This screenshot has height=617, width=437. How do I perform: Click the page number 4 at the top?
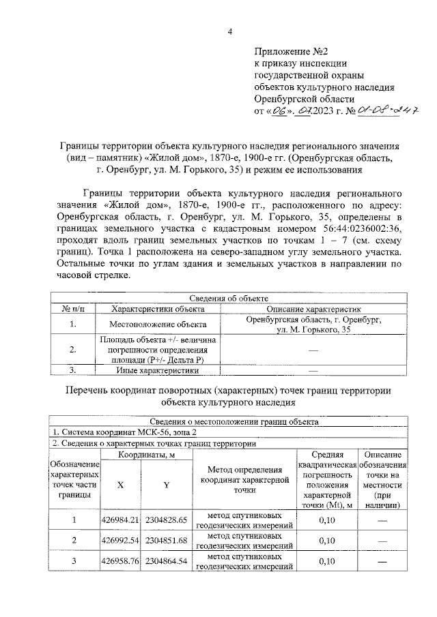[x=229, y=31]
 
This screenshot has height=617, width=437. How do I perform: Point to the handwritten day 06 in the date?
[x=279, y=110]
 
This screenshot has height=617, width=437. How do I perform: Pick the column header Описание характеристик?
[x=313, y=309]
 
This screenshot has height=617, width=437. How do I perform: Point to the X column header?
[x=120, y=485]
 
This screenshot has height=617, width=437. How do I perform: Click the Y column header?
[x=165, y=485]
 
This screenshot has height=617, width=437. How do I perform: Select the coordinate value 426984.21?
[x=120, y=520]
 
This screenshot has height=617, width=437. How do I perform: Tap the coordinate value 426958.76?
[x=120, y=561]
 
